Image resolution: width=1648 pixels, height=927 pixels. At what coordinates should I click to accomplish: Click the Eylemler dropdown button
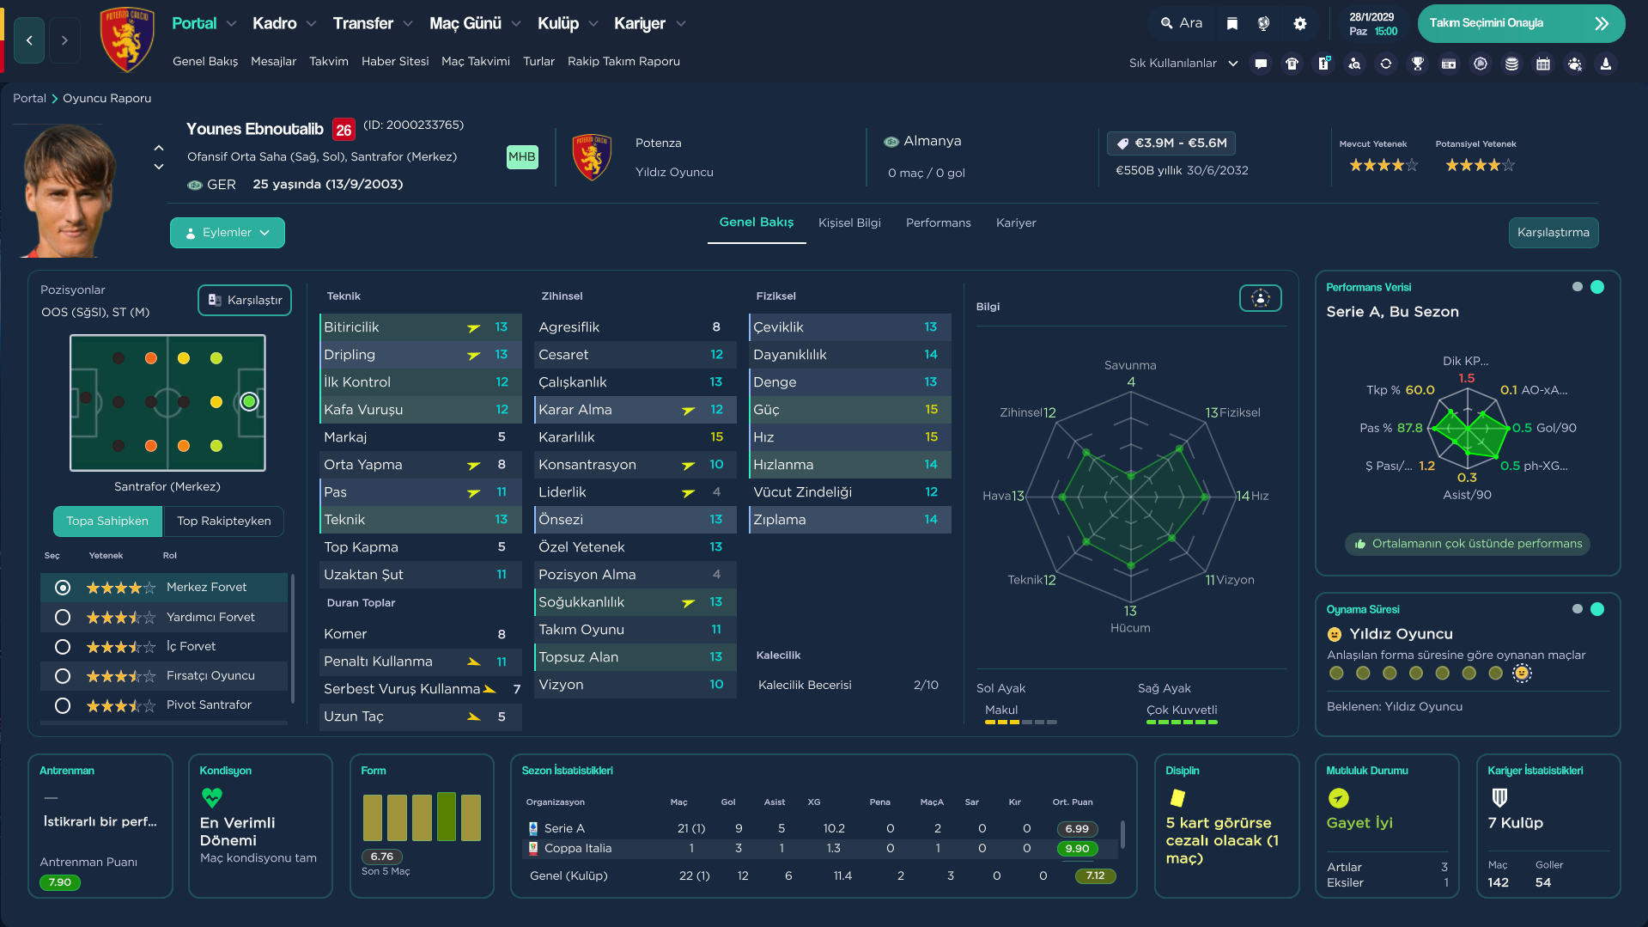point(228,233)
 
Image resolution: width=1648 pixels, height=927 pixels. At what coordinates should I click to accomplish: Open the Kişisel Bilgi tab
point(849,223)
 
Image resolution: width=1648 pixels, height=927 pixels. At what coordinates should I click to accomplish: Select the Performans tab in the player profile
point(938,223)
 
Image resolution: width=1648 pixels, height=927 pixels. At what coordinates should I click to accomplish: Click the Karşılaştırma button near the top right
point(1553,233)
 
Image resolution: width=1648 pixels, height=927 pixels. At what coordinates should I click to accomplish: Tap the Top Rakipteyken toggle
point(223,521)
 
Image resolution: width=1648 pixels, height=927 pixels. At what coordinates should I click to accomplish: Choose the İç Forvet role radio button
point(63,646)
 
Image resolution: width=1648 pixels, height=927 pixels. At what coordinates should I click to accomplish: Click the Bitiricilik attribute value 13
point(502,327)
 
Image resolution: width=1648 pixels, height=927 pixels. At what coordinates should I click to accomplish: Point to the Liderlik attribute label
point(563,492)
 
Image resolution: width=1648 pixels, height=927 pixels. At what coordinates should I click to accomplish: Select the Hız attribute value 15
point(931,437)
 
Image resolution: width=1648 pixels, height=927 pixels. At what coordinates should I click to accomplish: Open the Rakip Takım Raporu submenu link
point(623,62)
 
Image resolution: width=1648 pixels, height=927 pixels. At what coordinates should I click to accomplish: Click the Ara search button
point(1182,23)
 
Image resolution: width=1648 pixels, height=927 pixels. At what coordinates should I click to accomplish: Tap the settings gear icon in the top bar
point(1300,23)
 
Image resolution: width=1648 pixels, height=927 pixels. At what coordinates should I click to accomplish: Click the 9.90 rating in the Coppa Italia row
point(1077,849)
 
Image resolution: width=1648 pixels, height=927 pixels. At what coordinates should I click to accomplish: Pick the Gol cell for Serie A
point(739,829)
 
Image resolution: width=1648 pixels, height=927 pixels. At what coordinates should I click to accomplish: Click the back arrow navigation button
point(29,40)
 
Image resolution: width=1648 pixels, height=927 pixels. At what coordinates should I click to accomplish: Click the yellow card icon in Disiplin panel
point(1177,798)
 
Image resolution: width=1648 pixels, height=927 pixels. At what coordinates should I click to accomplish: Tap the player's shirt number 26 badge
point(344,130)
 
